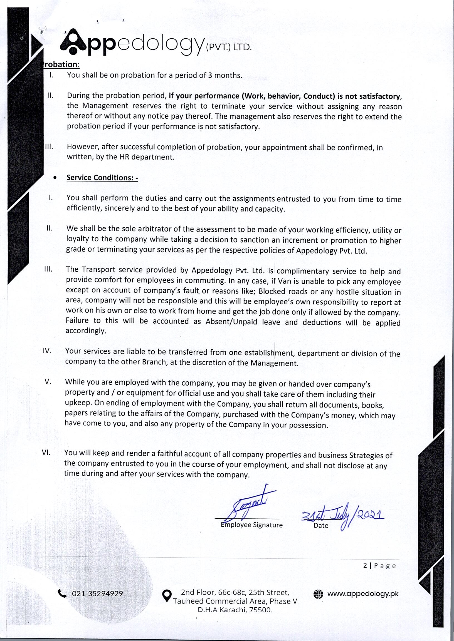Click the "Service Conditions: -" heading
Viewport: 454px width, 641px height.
[102, 178]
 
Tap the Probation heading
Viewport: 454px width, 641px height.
[61, 64]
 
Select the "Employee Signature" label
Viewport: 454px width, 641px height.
[251, 525]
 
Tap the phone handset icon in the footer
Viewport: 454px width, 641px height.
[62, 593]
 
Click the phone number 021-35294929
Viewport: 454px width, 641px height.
[97, 593]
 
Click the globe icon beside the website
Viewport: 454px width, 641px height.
[319, 594]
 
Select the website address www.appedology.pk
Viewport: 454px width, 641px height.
[363, 593]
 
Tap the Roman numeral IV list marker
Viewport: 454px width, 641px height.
[47, 351]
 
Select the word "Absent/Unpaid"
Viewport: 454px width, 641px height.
[231, 322]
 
